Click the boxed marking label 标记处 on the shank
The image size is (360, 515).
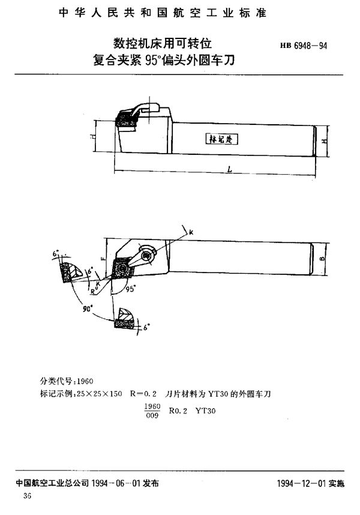pos(222,138)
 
